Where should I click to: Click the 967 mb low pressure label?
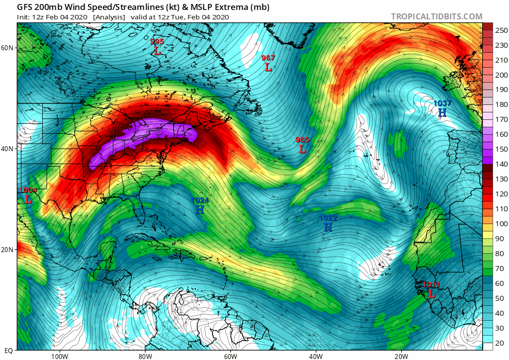pyautogui.click(x=268, y=63)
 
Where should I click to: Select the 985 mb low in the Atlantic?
pyautogui.click(x=302, y=145)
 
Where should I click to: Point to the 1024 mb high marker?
pyautogui.click(x=200, y=205)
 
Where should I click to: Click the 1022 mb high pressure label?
pyautogui.click(x=328, y=223)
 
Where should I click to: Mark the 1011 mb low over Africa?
pyautogui.click(x=431, y=290)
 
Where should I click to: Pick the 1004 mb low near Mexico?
pyautogui.click(x=28, y=195)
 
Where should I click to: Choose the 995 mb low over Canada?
pyautogui.click(x=157, y=46)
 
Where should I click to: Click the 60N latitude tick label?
pyautogui.click(x=7, y=48)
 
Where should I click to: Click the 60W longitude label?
pyautogui.click(x=230, y=356)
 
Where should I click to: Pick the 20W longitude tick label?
pyautogui.click(x=401, y=356)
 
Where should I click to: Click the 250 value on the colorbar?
pyautogui.click(x=501, y=30)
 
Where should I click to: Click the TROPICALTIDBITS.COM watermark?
pyautogui.click(x=436, y=16)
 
